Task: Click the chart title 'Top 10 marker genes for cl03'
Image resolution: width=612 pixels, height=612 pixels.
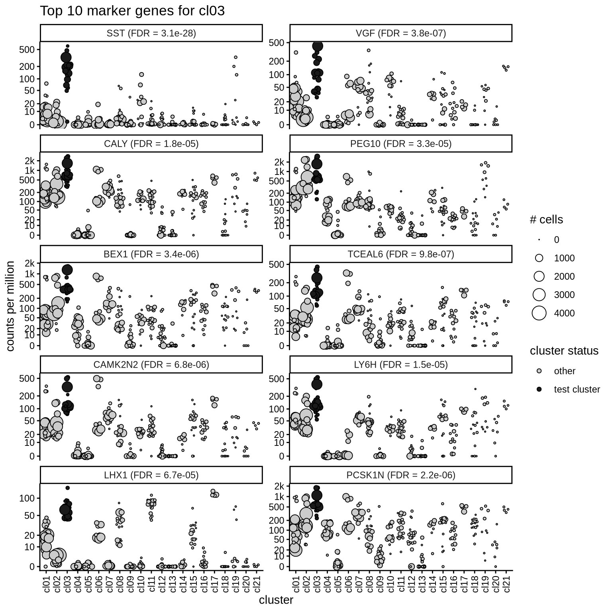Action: (x=132, y=11)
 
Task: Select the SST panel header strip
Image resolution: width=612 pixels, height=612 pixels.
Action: (x=151, y=33)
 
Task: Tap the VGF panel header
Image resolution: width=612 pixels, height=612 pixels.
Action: (x=400, y=33)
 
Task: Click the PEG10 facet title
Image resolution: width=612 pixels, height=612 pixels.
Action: (x=400, y=144)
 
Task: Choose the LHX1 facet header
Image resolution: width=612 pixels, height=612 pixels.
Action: (x=151, y=475)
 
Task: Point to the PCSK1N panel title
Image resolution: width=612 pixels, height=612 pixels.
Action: (x=400, y=475)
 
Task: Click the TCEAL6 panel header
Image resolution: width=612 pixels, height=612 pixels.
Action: (x=400, y=254)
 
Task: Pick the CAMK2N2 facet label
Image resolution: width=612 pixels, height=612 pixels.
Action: (x=151, y=365)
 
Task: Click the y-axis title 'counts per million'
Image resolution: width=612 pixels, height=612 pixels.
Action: (x=11, y=306)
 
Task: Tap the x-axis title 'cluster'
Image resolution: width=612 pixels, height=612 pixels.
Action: (x=276, y=600)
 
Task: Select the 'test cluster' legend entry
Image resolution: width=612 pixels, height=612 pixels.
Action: (x=577, y=389)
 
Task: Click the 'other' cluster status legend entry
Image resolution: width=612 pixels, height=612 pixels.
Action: (x=565, y=371)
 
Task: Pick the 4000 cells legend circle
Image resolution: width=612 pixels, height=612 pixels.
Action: (x=539, y=313)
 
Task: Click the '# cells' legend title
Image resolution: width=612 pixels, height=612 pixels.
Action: (x=546, y=220)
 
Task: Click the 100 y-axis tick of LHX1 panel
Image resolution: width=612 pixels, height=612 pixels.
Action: (x=27, y=498)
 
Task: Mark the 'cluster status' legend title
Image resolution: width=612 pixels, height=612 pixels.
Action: (x=564, y=351)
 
